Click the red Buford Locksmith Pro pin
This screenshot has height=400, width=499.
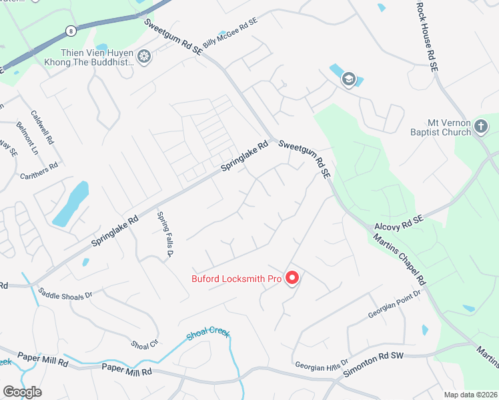point(292,277)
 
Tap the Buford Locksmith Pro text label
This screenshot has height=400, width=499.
point(237,279)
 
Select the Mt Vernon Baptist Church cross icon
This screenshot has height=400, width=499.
point(481,126)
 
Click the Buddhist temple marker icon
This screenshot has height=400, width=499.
point(144,57)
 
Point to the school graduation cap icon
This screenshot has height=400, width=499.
point(348,80)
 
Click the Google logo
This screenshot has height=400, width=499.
point(22,391)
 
